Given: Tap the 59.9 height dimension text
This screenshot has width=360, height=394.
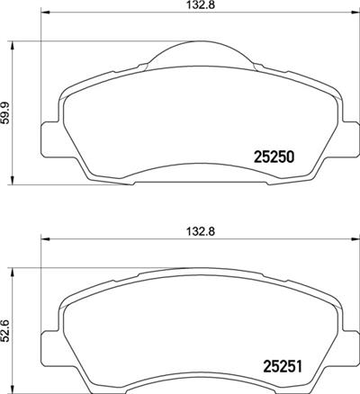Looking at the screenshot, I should [9, 112].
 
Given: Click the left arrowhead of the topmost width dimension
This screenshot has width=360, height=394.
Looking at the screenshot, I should [43, 16].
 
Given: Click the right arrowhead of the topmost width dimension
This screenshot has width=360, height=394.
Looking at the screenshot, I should [349, 16].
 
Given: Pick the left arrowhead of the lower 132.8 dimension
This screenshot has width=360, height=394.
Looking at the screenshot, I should [43, 240].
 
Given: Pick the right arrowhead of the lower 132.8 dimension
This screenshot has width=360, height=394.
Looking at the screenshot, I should [349, 240].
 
